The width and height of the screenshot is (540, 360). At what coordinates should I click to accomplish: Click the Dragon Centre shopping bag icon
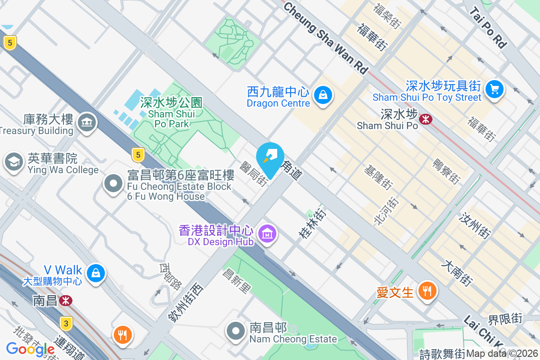click(323, 95)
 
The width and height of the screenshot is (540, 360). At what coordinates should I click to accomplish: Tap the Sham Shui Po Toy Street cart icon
click(495, 89)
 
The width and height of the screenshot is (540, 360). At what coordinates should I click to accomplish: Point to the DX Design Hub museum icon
click(268, 234)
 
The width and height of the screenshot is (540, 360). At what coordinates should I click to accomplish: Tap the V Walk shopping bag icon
click(95, 272)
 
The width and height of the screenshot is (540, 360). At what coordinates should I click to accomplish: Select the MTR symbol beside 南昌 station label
click(66, 300)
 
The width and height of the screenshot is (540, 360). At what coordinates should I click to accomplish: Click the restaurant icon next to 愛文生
click(425, 290)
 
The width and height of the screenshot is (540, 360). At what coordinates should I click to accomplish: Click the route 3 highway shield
click(66, 323)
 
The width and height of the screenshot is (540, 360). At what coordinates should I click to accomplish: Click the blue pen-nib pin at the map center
click(270, 157)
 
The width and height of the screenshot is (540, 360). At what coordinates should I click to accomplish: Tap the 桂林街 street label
click(311, 224)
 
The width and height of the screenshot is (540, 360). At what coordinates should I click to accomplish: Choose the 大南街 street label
click(457, 273)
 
